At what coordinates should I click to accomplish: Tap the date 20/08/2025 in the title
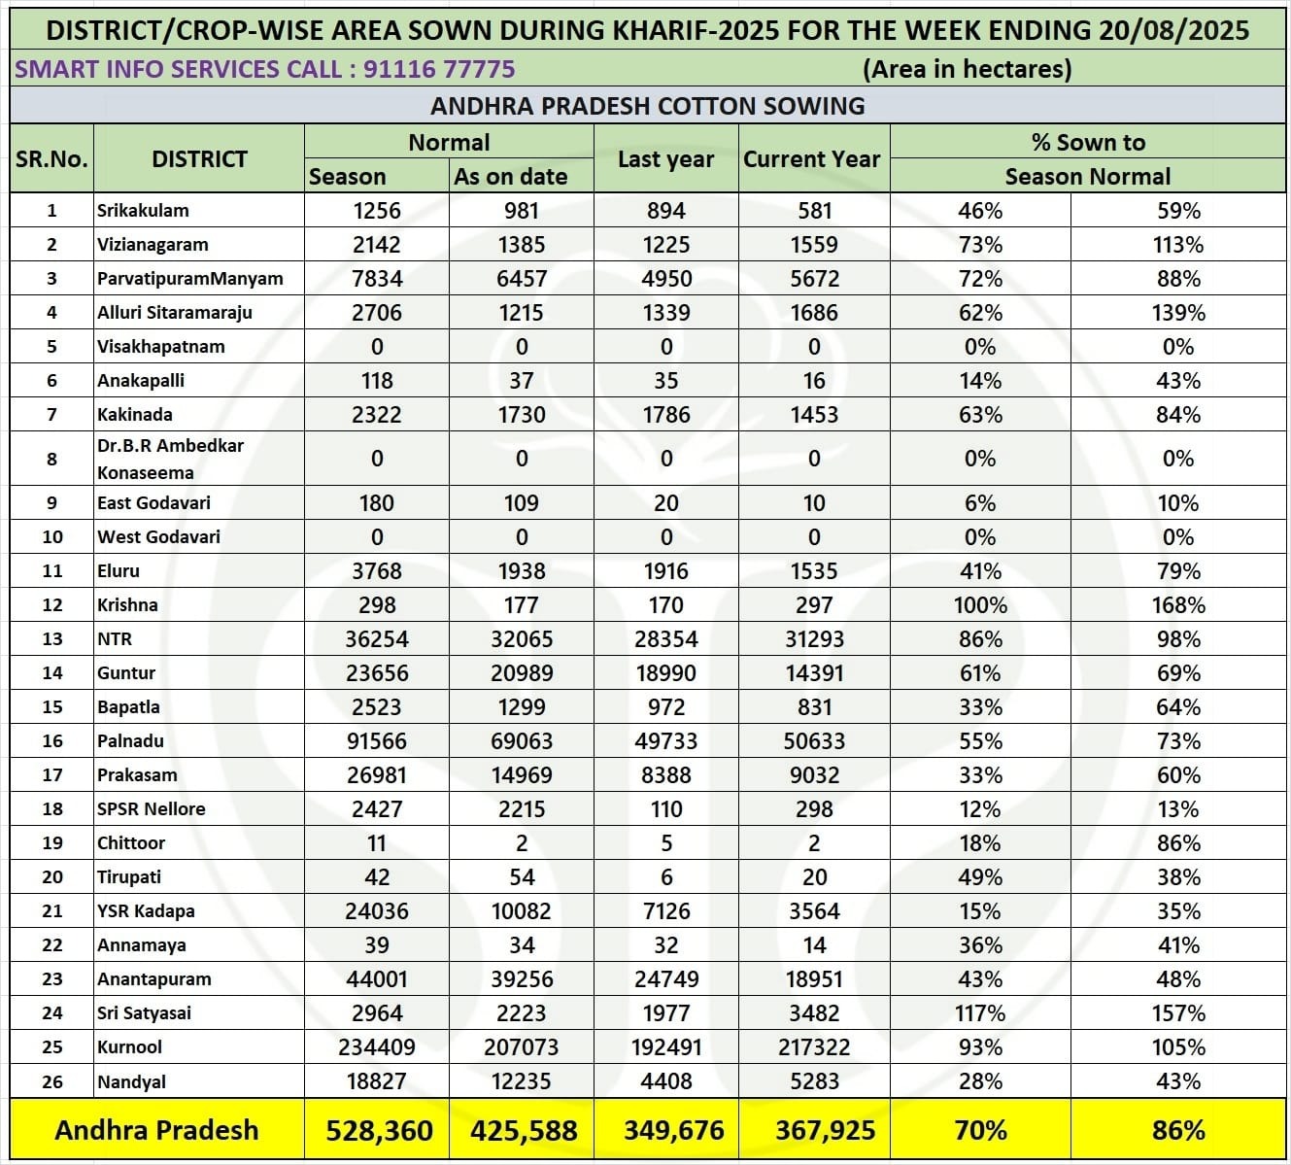pos(1173,30)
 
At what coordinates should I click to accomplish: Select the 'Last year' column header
pos(665,159)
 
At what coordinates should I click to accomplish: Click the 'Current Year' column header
pos(812,159)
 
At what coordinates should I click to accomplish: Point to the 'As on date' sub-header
pos(510,177)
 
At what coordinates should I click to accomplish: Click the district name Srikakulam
pos(143,210)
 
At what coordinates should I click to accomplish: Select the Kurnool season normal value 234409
pos(377,1047)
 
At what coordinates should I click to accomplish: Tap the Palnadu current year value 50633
pos(814,741)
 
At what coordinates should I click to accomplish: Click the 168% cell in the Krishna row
pos(1178,605)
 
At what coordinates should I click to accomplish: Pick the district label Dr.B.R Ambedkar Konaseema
pos(170,459)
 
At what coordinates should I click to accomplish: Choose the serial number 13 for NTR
pos(52,639)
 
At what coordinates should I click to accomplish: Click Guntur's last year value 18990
pos(665,673)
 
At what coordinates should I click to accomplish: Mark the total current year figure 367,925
pos(825,1131)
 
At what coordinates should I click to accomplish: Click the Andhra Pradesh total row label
pos(156,1131)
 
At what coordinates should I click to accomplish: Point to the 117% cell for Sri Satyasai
pos(980,1013)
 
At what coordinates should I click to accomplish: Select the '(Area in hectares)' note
pos(967,69)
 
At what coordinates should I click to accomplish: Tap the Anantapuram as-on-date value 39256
pos(522,979)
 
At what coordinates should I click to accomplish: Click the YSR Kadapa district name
pos(146,911)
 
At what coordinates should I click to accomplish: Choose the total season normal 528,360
pos(379,1131)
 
